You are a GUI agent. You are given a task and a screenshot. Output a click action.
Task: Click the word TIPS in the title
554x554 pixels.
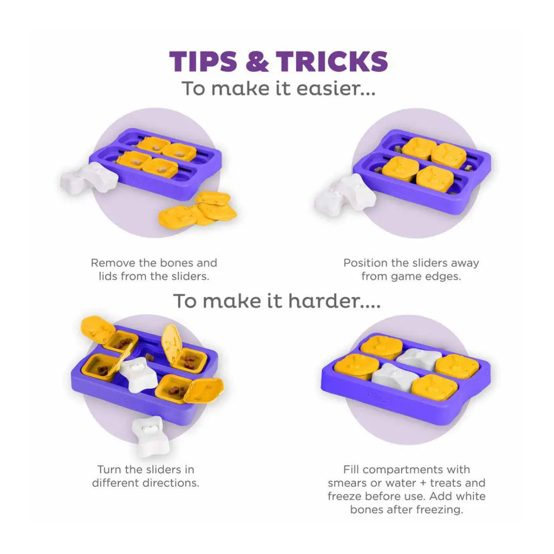pos(203,61)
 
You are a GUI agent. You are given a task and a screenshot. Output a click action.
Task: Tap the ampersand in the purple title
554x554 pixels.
pos(257,61)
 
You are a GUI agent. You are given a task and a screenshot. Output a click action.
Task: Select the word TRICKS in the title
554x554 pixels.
pos(332,61)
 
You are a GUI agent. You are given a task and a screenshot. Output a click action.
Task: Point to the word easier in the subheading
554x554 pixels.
pos(336,89)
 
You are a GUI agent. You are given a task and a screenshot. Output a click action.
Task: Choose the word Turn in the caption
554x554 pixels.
pos(110,470)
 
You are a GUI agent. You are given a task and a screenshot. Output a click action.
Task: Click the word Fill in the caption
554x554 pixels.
pos(352,470)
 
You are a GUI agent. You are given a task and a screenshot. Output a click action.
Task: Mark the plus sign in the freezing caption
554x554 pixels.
pos(422,483)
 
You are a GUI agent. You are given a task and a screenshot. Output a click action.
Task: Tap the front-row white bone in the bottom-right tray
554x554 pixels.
pos(391,377)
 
